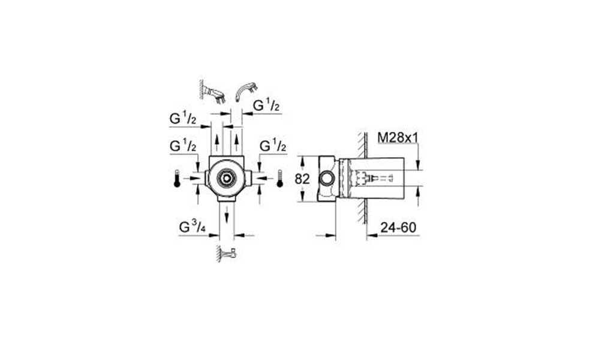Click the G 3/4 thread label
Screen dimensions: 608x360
pyautogui.click(x=192, y=227)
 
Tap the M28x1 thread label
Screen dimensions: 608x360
pyautogui.click(x=398, y=137)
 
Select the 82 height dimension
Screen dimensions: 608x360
pyautogui.click(x=302, y=179)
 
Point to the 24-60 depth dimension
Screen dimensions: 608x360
pyautogui.click(x=398, y=227)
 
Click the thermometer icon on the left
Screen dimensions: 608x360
pyautogui.click(x=177, y=178)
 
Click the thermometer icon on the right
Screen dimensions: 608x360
pyautogui.click(x=280, y=178)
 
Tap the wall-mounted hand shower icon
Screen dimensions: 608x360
pyautogui.click(x=213, y=92)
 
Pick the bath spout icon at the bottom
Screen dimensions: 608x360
pyautogui.click(x=227, y=254)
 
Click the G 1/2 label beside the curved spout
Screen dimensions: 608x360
pyautogui.click(x=266, y=105)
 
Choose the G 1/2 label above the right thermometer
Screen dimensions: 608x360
pyautogui.click(x=273, y=146)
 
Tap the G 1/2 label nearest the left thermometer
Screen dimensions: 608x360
pyautogui.click(x=183, y=146)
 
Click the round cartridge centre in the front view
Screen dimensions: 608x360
pyautogui.click(x=226, y=178)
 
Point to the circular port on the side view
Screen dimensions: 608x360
pyautogui.click(x=327, y=179)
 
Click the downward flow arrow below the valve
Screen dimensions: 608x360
pyautogui.click(x=227, y=214)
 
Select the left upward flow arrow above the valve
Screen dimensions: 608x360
pyautogui.click(x=217, y=145)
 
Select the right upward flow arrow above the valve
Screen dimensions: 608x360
pyautogui.click(x=236, y=145)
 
